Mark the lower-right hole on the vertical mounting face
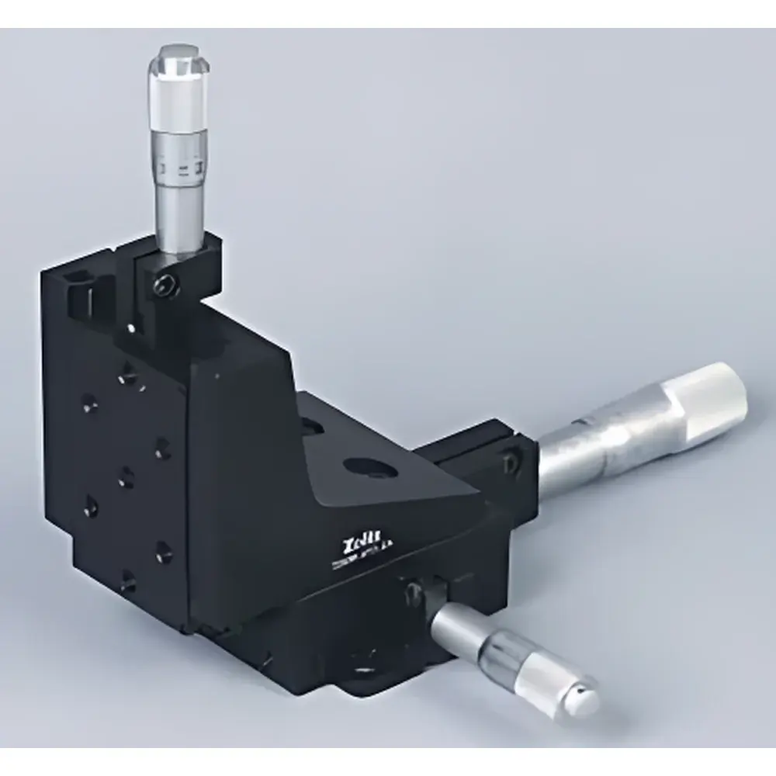pos(162,547)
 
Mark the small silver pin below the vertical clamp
pos(133,329)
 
